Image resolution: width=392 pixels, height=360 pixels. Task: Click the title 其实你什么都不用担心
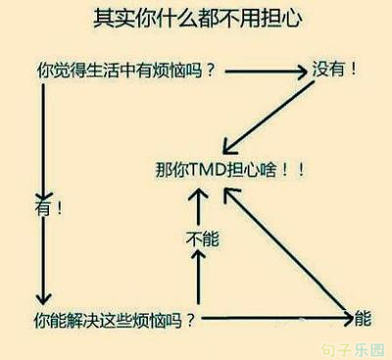198,19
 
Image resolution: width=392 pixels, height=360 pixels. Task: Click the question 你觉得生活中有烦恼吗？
126,71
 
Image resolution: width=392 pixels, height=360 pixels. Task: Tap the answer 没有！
334,69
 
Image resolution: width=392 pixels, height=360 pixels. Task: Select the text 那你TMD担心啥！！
230,170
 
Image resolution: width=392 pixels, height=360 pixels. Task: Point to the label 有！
48,208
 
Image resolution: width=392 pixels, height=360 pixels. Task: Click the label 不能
203,238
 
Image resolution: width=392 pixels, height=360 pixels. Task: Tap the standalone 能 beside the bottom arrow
363,318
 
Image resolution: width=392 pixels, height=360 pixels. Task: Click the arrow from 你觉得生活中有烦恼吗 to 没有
267,71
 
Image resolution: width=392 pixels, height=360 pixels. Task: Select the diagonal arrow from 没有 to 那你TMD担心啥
268,118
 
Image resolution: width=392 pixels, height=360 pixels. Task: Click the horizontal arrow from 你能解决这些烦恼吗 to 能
277,318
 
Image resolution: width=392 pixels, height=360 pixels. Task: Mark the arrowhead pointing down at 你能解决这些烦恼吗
43,297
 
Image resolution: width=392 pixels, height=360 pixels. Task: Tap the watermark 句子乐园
353,350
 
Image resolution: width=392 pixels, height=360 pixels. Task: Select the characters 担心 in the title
281,19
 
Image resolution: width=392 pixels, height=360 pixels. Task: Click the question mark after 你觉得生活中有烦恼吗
211,71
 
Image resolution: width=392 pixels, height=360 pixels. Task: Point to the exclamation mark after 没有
353,69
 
